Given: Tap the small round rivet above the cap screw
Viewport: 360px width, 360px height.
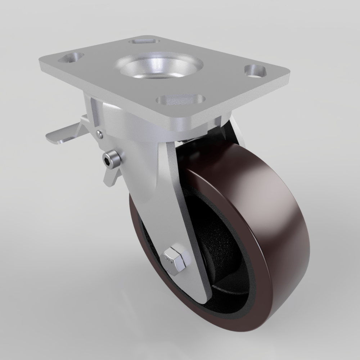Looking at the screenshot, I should (x=100, y=134).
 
